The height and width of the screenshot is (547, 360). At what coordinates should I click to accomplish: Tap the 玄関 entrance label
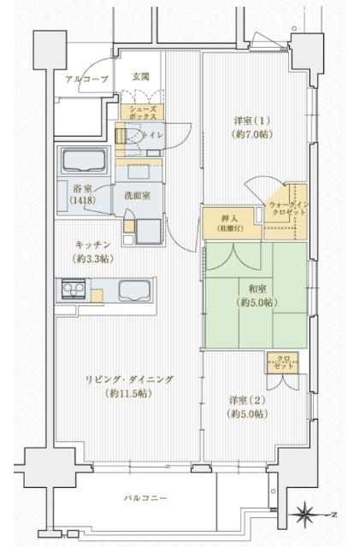click(140, 77)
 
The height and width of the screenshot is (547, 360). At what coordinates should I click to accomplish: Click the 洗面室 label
click(137, 196)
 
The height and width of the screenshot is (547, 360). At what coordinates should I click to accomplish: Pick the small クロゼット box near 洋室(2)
click(281, 361)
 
